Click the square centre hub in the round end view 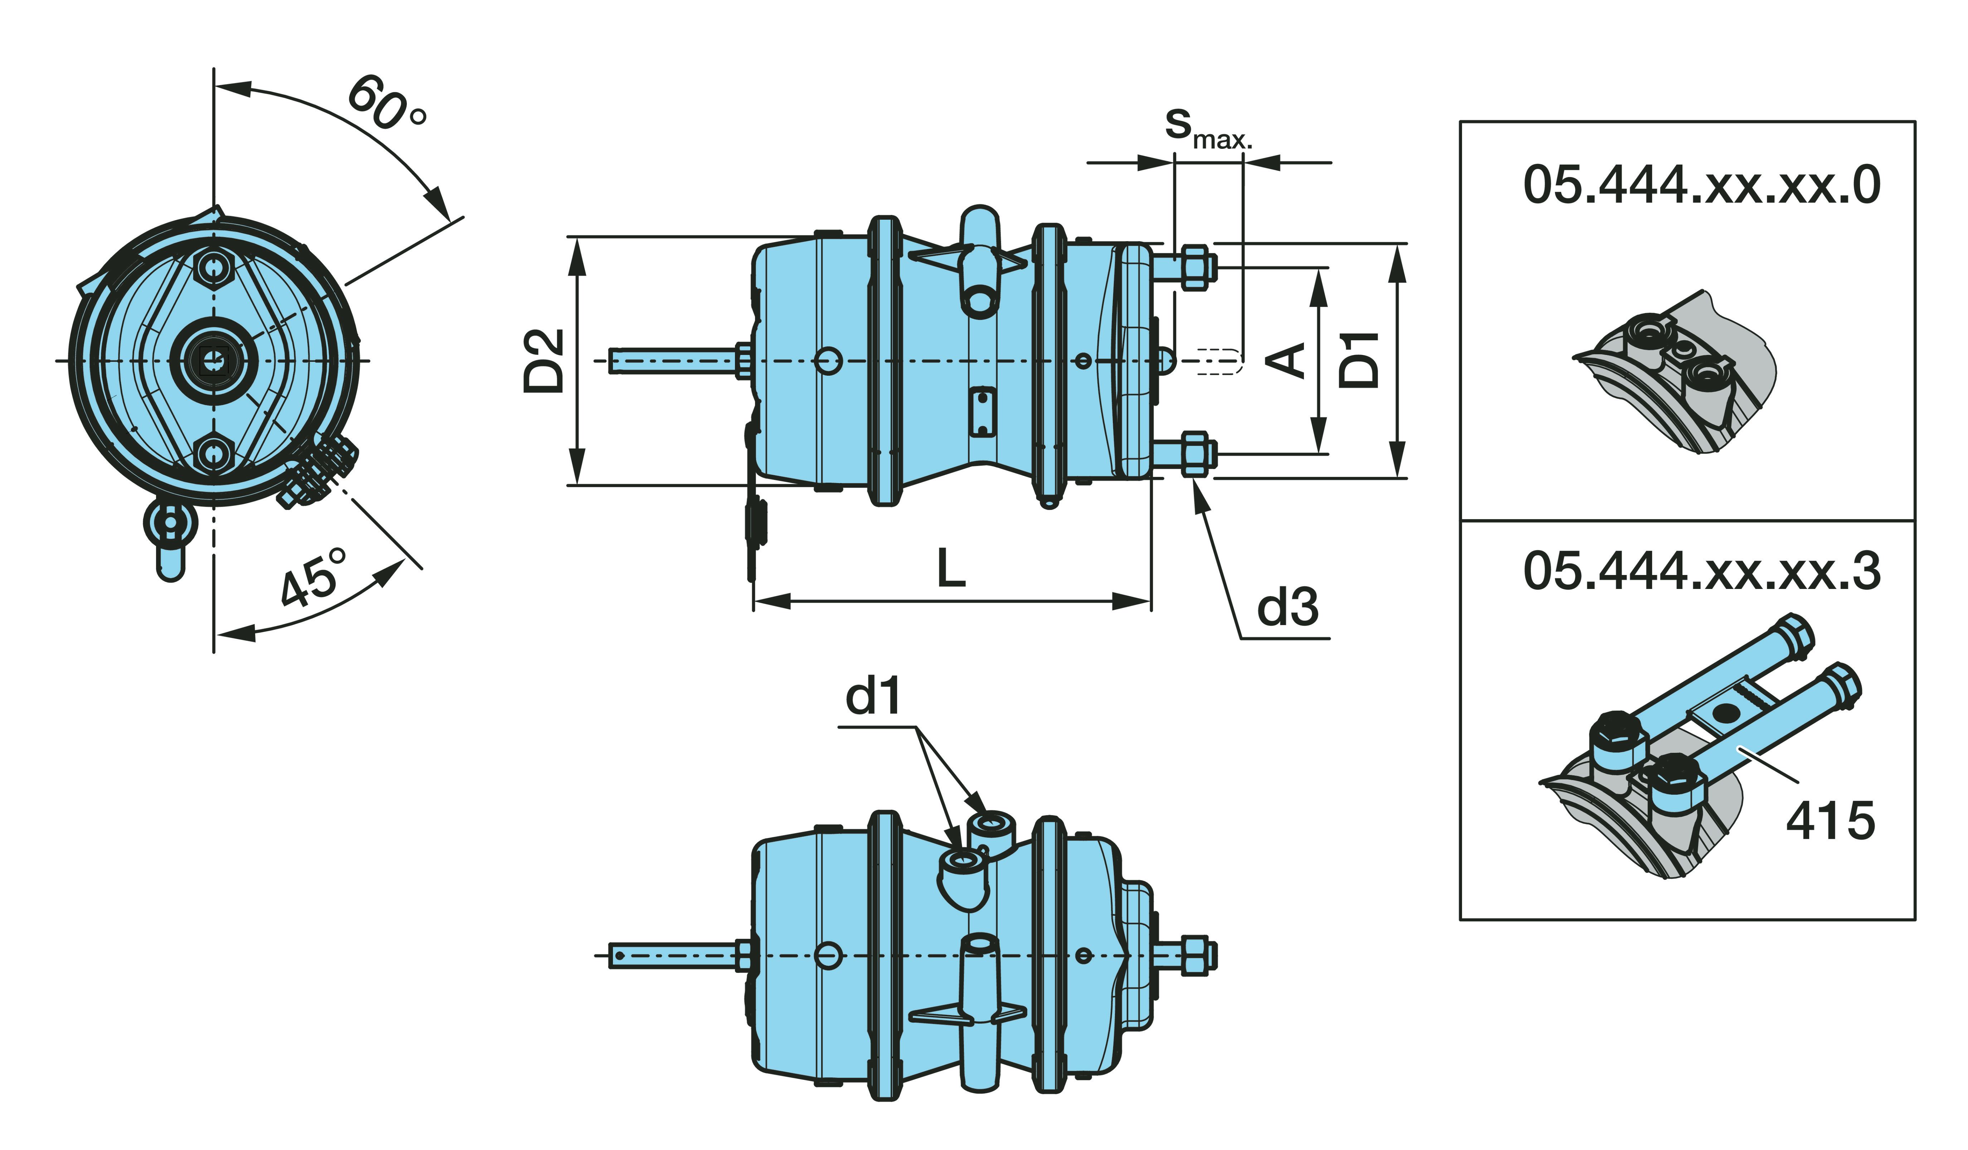(x=213, y=361)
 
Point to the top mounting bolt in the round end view (x=213, y=268)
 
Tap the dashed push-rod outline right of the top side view (x=1218, y=361)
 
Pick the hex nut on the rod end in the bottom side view (x=1193, y=955)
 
